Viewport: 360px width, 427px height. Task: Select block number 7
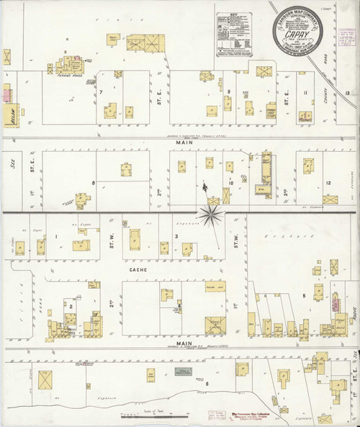pyautogui.click(x=102, y=93)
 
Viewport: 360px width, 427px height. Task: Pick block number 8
pyautogui.click(x=94, y=184)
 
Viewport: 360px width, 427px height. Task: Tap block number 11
pyautogui.click(x=307, y=93)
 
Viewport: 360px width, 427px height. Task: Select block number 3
pyautogui.click(x=176, y=236)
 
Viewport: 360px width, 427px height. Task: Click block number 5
pyautogui.click(x=305, y=295)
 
